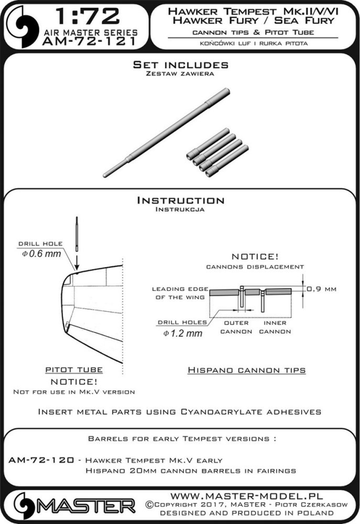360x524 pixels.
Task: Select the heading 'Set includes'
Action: pyautogui.click(x=180, y=65)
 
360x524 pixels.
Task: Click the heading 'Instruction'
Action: pyautogui.click(x=180, y=201)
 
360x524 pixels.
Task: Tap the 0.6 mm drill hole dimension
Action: pyautogui.click(x=41, y=253)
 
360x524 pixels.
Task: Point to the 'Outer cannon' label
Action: pyautogui.click(x=236, y=327)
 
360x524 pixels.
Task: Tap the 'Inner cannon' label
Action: pyautogui.click(x=275, y=327)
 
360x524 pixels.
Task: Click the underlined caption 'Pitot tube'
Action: pyautogui.click(x=74, y=370)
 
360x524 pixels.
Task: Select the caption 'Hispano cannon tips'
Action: pyautogui.click(x=247, y=370)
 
